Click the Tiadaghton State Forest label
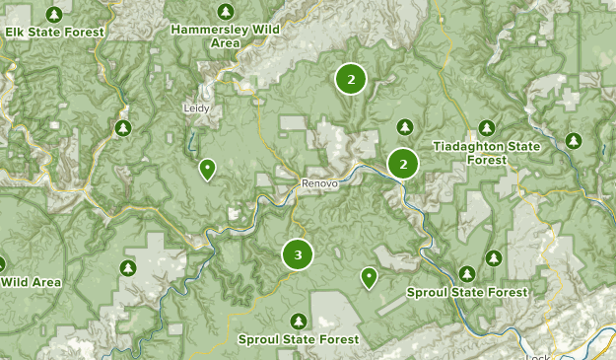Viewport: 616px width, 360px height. (x=486, y=153)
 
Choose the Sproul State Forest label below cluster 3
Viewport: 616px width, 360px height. (x=299, y=339)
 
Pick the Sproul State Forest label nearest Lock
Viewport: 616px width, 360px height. (x=467, y=292)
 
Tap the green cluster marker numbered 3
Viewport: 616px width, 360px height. (x=298, y=254)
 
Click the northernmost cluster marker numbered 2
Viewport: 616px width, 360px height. (x=350, y=79)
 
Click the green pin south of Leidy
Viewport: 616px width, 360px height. (x=207, y=170)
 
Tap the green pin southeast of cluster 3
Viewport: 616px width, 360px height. (x=369, y=277)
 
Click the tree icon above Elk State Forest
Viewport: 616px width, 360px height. (x=54, y=14)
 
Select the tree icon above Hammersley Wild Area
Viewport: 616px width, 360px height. (x=227, y=12)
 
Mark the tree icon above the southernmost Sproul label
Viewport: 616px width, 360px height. (x=299, y=321)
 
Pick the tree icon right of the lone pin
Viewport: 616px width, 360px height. (x=467, y=272)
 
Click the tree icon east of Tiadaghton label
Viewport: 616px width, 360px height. (x=574, y=142)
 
